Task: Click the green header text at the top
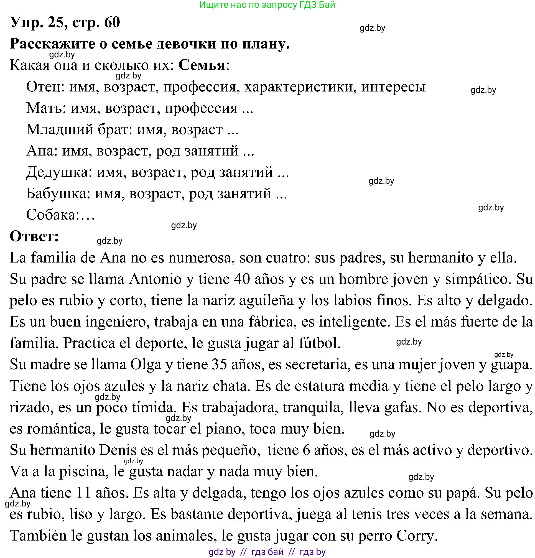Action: (267, 4)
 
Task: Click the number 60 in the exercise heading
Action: (112, 22)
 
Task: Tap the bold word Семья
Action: (202, 65)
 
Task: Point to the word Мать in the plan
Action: (44, 108)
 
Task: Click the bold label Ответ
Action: (34, 236)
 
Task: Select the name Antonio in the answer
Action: (156, 279)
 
